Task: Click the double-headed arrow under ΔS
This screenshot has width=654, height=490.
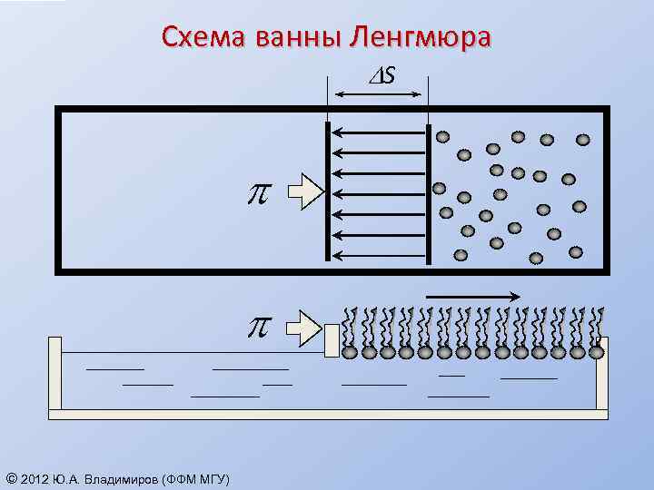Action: tap(377, 94)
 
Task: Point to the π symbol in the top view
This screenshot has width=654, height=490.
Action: tap(260, 192)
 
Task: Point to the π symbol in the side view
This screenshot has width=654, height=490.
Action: tap(260, 325)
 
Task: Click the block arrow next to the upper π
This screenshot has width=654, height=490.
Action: tap(305, 191)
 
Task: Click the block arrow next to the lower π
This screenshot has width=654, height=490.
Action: tap(305, 324)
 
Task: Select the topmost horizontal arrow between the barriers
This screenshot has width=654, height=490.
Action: tap(378, 133)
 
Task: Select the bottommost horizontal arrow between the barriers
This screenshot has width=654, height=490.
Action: tap(378, 255)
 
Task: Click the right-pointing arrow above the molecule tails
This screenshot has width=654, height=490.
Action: tap(472, 295)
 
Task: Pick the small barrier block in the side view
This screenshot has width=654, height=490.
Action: tap(332, 340)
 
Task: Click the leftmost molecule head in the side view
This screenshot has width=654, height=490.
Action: tap(350, 352)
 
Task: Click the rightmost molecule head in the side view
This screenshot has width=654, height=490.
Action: tap(597, 352)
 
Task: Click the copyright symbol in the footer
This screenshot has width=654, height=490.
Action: tap(11, 478)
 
